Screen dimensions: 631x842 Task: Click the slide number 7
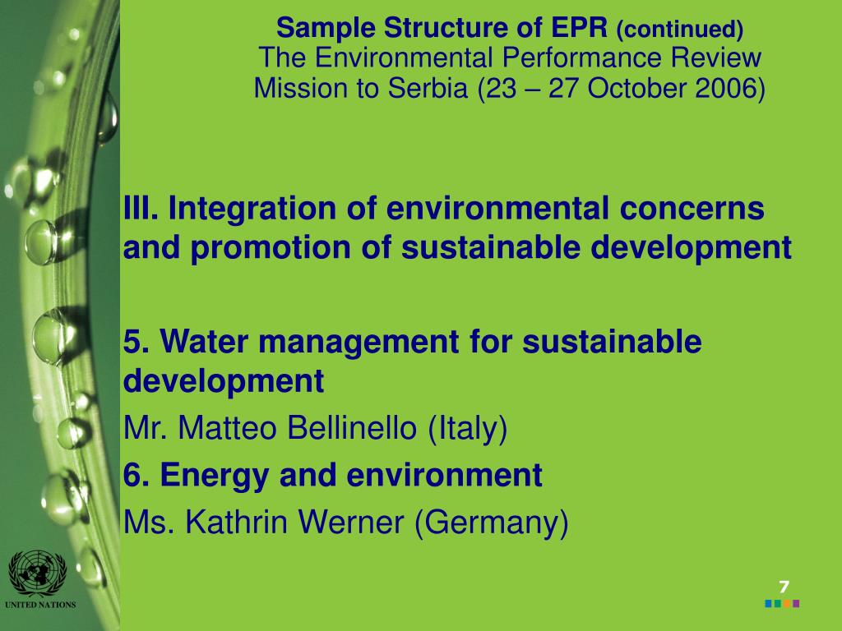pos(784,587)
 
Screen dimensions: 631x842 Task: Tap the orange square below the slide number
pos(787,604)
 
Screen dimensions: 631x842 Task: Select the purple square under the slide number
pos(796,604)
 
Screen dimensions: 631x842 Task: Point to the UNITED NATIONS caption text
pos(39,606)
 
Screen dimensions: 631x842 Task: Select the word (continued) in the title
pos(679,30)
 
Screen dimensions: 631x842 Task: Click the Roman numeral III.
pos(141,209)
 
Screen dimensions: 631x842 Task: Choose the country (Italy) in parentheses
pos(468,428)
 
